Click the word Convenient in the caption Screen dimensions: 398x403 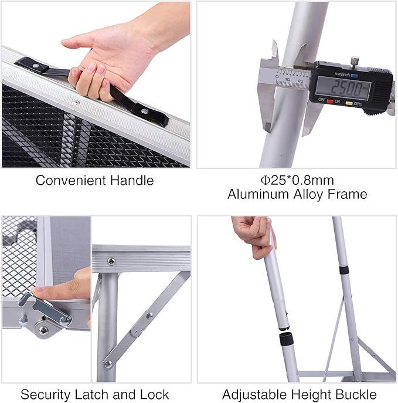point(70,180)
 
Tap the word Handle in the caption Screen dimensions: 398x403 point(132,180)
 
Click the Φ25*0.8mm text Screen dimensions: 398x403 point(297,180)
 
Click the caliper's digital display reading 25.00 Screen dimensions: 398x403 point(343,89)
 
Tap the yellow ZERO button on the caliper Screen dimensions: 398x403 point(349,103)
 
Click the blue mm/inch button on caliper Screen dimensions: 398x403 point(354,76)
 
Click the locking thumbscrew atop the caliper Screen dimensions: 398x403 point(355,61)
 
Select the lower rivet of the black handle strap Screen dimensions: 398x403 point(145,112)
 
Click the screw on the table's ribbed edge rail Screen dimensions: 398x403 point(111,262)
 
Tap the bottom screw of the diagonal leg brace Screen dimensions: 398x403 point(108,364)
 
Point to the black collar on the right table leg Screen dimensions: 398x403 point(344,270)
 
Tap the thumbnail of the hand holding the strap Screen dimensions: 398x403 point(91,67)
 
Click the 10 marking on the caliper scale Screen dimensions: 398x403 point(288,79)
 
